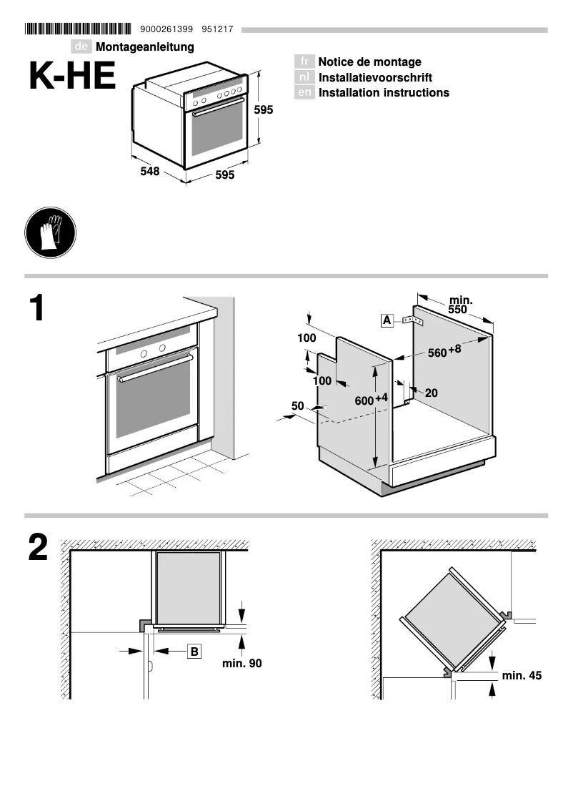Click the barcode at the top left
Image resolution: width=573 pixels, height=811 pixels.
[78, 29]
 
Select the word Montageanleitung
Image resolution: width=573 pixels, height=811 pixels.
[145, 46]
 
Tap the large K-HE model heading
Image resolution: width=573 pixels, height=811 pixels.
[72, 77]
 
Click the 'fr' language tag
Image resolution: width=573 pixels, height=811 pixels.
[305, 62]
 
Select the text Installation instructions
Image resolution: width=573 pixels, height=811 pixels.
[384, 93]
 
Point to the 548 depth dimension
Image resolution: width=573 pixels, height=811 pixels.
[150, 172]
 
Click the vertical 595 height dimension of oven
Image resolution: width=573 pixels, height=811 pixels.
[264, 110]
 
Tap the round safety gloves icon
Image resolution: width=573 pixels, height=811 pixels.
[49, 232]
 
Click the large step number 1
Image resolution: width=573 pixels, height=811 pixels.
[36, 310]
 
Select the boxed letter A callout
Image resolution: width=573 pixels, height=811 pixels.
[387, 320]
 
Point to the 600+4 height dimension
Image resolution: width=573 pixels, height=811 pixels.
[371, 400]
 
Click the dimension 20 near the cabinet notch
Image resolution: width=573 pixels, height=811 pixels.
[431, 393]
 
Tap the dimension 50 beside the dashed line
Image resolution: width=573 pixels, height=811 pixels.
[298, 406]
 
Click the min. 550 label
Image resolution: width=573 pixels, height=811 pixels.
[459, 305]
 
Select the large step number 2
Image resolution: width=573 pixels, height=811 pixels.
[38, 549]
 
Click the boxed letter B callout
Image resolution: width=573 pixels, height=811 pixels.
[194, 651]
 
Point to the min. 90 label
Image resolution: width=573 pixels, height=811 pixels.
[241, 664]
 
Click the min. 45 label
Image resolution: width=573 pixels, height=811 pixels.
[522, 674]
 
